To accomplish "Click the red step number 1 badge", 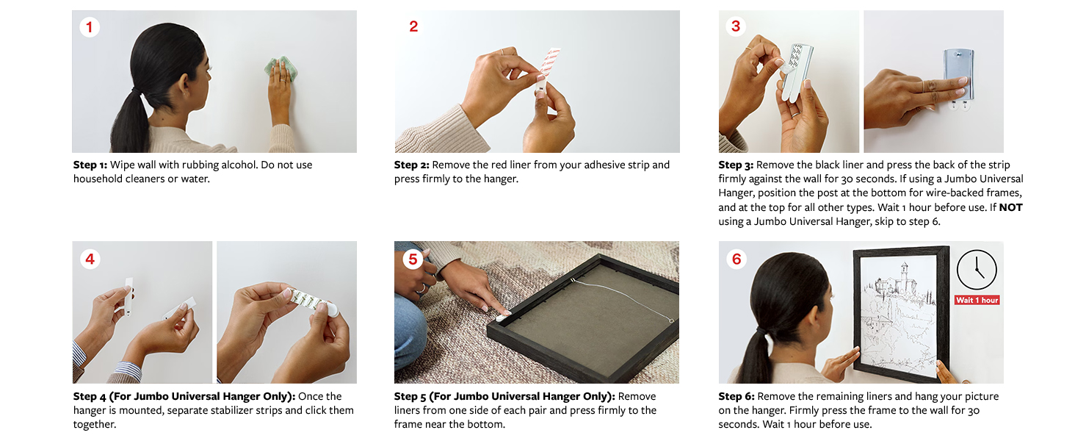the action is click(x=90, y=27).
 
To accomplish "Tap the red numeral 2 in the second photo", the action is click(x=413, y=26).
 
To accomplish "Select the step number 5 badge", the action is click(x=413, y=259).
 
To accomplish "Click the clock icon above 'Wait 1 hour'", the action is click(x=977, y=270).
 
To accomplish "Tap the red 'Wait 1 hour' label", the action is click(x=977, y=300).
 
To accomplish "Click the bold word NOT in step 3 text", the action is click(x=1010, y=207).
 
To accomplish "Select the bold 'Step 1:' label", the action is click(x=90, y=165).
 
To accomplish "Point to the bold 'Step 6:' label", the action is click(x=736, y=397).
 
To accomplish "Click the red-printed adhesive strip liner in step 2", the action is click(x=549, y=68).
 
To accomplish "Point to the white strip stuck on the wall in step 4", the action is click(x=129, y=296).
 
